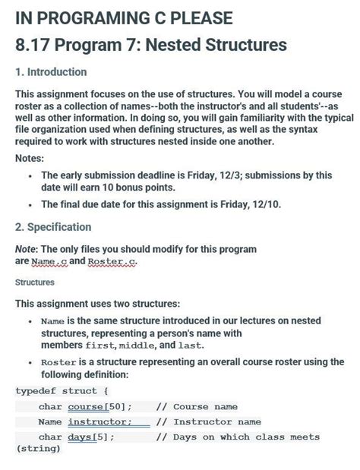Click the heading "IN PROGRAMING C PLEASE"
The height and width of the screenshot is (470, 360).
pos(124,18)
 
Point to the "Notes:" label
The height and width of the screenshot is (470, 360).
pos(30,159)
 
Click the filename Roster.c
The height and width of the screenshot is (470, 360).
pos(112,261)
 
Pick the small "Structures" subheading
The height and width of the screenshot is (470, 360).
pos(35,282)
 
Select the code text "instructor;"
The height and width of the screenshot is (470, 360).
pos(100,422)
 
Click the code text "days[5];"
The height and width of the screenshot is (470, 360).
pos(91,437)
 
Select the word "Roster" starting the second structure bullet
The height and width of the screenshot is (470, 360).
pos(58,362)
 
